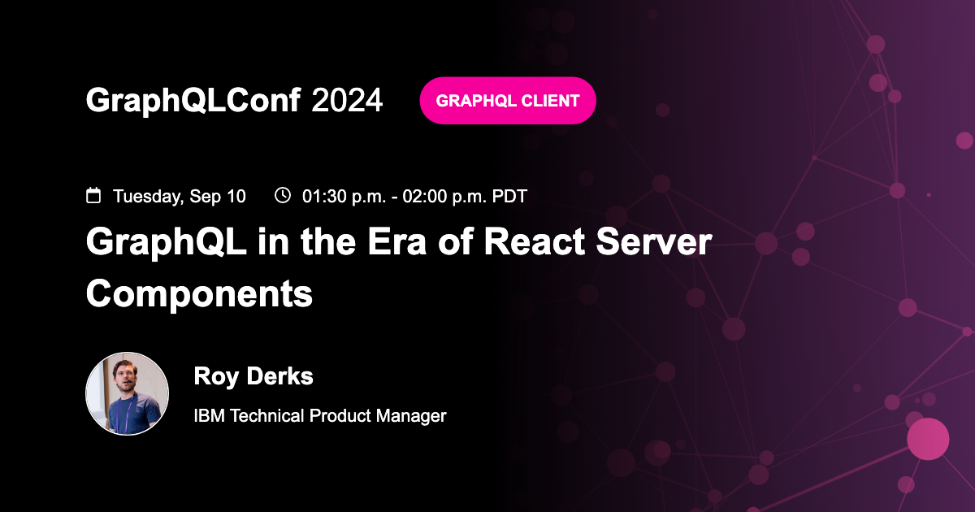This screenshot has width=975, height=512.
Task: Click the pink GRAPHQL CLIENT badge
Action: tap(508, 101)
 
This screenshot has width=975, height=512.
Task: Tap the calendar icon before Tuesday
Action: tap(93, 195)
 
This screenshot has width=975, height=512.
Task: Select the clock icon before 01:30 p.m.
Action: tap(283, 195)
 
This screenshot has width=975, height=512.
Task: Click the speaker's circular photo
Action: tap(128, 393)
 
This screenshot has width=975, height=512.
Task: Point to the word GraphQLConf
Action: tap(193, 101)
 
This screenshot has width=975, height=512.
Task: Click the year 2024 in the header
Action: tap(347, 101)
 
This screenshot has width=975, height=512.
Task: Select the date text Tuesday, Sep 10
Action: tap(179, 196)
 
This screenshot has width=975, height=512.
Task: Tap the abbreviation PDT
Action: tap(509, 196)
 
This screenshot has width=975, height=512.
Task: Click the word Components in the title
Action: tap(199, 293)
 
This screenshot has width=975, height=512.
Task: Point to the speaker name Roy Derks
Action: tap(253, 376)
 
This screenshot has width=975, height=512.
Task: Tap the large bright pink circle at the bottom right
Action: tap(928, 439)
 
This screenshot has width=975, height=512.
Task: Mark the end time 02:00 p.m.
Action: tap(441, 196)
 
